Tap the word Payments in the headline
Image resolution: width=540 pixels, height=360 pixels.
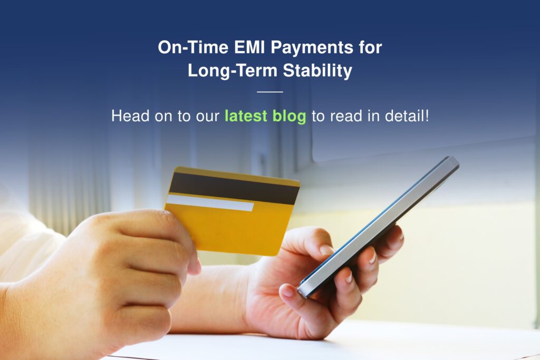tap(312, 48)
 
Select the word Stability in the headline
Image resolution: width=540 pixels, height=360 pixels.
tap(317, 71)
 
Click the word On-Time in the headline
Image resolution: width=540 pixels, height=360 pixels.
tap(193, 47)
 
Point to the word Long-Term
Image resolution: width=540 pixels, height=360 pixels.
tap(233, 71)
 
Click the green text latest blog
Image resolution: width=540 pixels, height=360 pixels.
tap(265, 116)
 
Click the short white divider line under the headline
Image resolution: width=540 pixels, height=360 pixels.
tap(270, 92)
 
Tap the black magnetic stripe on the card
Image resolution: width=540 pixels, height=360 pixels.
tap(234, 188)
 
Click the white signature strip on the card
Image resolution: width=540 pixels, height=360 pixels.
tap(210, 203)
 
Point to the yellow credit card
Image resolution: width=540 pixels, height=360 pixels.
tap(232, 211)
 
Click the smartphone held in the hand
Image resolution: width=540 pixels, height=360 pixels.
tap(378, 226)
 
